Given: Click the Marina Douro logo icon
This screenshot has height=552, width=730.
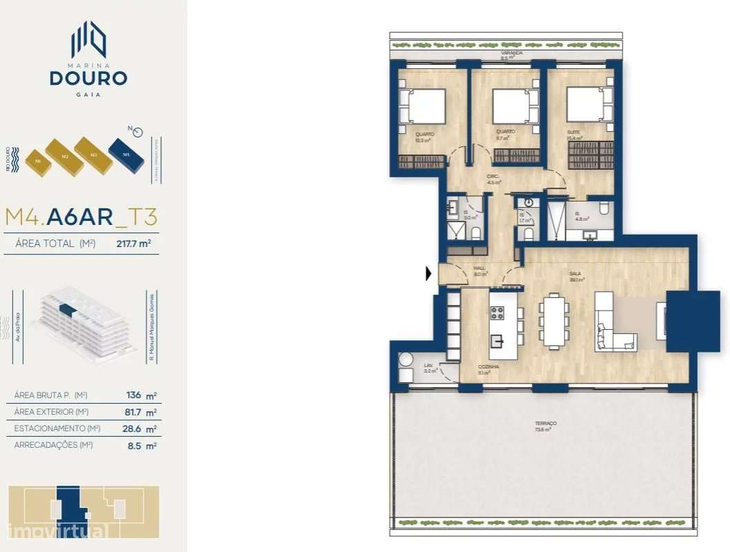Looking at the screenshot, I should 88,39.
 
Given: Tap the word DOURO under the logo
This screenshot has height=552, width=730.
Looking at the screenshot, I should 88,77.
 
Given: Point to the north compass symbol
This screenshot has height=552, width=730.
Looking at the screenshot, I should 137,132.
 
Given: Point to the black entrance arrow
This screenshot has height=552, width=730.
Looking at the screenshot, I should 429,274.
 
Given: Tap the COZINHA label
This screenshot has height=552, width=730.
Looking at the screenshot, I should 489,367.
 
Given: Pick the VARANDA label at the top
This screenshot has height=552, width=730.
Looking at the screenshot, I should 511,53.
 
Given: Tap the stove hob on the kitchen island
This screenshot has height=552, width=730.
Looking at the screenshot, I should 497,313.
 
